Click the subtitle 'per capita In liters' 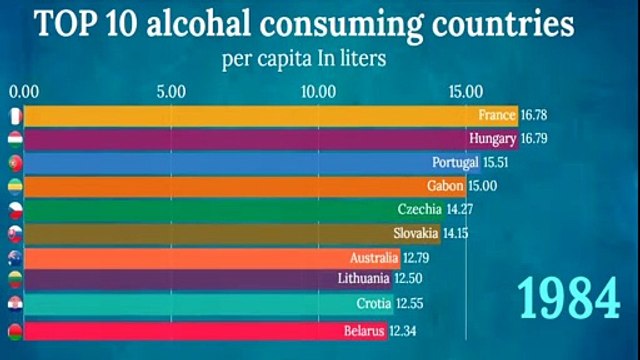(x=303, y=57)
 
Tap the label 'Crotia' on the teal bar (x=372, y=305)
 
